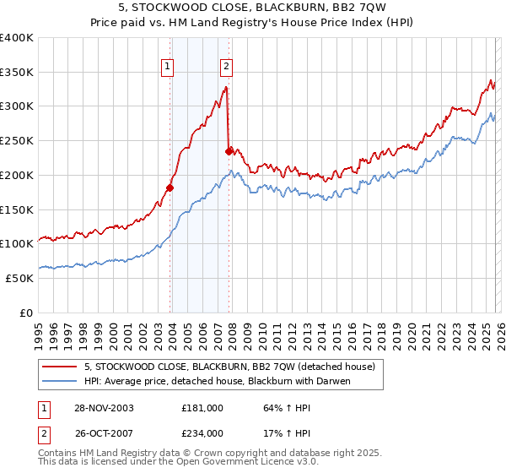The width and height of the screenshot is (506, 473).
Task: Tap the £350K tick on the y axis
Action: pos(17,73)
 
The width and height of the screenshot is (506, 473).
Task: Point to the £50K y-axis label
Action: pos(19,278)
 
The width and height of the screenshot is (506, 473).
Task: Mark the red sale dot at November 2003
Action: pos(170,188)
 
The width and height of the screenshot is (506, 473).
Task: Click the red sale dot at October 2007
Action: pos(229,152)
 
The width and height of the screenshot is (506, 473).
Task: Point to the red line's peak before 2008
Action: pos(226,87)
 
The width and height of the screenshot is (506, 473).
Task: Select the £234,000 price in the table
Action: pos(202,432)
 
